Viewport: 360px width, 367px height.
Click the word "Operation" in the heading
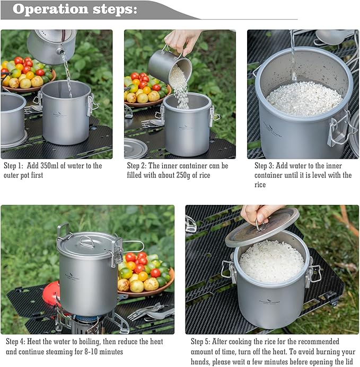click(x=50, y=9)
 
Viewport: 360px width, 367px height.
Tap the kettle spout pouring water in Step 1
click(x=63, y=52)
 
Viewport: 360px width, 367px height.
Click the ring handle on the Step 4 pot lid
click(x=87, y=241)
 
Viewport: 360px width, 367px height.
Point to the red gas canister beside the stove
click(x=51, y=294)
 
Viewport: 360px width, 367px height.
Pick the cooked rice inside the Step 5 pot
click(x=271, y=261)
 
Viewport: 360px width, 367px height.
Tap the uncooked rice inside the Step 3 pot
click(x=304, y=99)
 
